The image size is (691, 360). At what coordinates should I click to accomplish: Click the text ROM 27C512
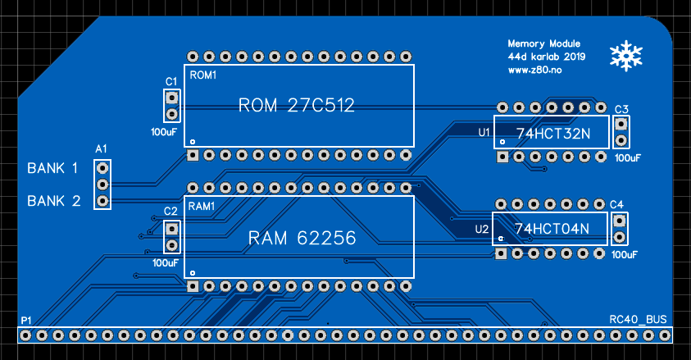point(295,106)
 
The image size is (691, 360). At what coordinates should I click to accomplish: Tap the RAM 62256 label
point(302,239)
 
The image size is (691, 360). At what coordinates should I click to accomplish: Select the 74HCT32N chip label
point(552,133)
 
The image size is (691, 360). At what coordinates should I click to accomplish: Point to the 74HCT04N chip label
point(552,229)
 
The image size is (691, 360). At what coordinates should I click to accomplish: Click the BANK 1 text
point(52,168)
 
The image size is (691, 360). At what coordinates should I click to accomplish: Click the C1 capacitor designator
point(171,81)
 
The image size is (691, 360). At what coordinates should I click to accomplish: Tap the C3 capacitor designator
point(621,110)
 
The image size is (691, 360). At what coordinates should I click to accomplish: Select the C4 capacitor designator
point(617,204)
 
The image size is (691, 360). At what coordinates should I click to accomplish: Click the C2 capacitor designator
point(170,212)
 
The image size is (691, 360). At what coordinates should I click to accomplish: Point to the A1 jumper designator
point(102,149)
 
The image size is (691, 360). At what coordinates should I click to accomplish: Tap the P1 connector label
point(27,319)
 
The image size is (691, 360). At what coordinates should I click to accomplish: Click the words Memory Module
point(544,43)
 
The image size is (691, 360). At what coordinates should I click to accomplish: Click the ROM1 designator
point(202,75)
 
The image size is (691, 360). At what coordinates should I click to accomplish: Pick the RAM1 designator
point(202,205)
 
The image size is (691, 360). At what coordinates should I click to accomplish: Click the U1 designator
point(484,131)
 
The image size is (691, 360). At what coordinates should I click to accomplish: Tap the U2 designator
point(482,229)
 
